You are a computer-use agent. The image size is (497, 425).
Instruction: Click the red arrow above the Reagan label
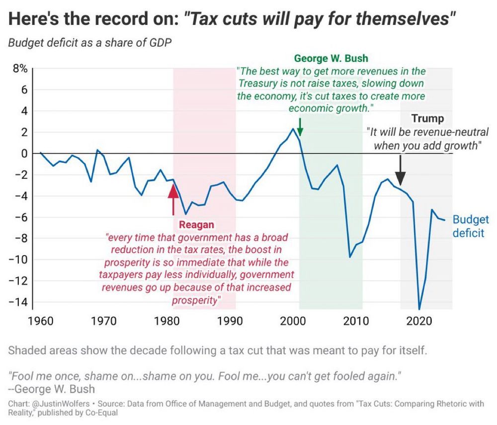pyautogui.click(x=173, y=198)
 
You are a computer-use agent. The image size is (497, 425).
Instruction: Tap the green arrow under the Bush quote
pyautogui.click(x=300, y=127)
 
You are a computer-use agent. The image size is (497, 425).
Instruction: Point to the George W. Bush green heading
pyautogui.click(x=331, y=59)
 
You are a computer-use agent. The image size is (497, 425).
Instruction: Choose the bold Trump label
pyautogui.click(x=427, y=119)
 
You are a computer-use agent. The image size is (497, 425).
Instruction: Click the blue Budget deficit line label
pyautogui.click(x=470, y=226)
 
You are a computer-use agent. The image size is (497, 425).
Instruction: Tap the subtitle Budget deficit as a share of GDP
pyautogui.click(x=89, y=42)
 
